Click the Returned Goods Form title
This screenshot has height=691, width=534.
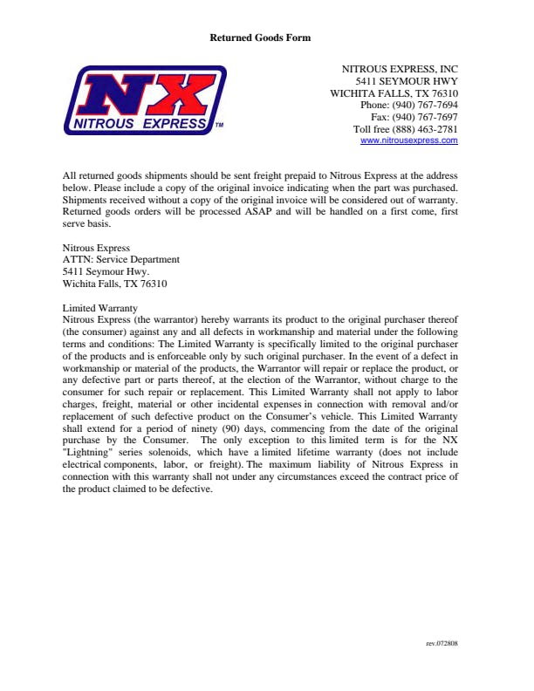pyautogui.click(x=260, y=38)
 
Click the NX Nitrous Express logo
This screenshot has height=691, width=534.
pyautogui.click(x=144, y=100)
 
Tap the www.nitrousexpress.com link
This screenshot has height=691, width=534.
pyautogui.click(x=408, y=140)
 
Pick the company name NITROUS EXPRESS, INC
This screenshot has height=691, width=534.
pyautogui.click(x=400, y=68)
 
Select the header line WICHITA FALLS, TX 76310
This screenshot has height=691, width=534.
pyautogui.click(x=394, y=93)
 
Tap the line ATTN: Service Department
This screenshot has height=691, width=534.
pyautogui.click(x=121, y=259)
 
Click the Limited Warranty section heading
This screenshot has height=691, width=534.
pyautogui.click(x=99, y=308)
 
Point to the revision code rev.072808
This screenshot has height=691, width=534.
pyautogui.click(x=442, y=644)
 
